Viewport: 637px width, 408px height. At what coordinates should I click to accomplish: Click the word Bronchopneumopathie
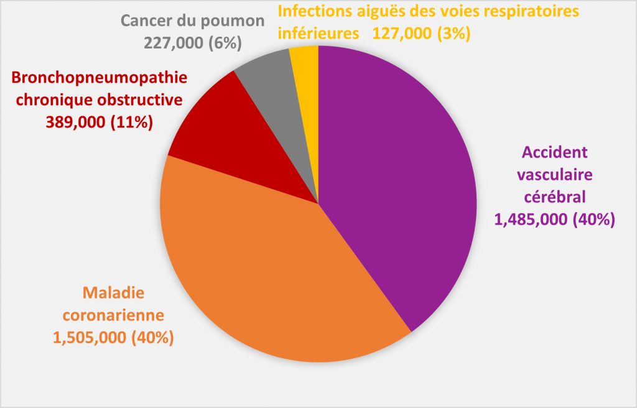99,79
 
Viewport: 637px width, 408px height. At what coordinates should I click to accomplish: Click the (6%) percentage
226,43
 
